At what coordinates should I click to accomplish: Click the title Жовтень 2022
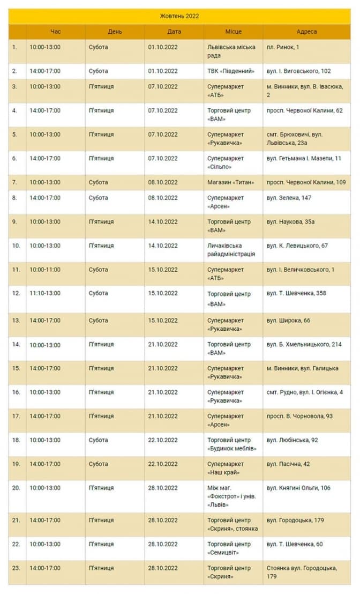179,16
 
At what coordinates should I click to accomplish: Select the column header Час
56,32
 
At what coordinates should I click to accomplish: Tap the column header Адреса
306,32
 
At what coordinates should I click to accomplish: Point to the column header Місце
233,32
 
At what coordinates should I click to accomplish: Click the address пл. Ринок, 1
283,47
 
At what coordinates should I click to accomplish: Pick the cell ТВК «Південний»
231,71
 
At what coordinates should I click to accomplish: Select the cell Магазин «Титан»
231,182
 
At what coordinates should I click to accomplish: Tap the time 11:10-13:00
45,293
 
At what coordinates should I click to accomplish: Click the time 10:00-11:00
45,270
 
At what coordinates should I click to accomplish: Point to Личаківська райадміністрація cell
231,250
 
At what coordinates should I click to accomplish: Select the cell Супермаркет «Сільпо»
226,162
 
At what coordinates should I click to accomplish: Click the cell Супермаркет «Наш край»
226,468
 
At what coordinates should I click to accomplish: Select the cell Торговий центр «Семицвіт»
229,548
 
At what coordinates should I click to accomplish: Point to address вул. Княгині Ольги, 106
298,488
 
